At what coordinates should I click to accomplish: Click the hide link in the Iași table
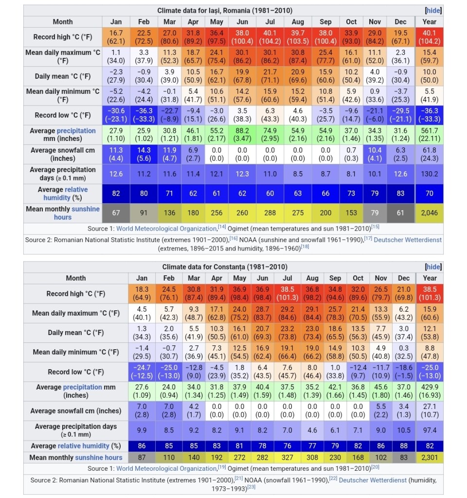coord(433,10)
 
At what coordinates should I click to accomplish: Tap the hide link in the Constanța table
coord(433,267)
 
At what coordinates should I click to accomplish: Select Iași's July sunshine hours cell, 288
coord(270,213)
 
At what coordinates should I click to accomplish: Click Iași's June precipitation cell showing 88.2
coord(242,135)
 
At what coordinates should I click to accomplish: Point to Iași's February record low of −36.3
coord(144,115)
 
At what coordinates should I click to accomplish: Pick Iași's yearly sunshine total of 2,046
coord(430,213)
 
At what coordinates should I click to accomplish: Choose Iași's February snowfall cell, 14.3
coord(144,154)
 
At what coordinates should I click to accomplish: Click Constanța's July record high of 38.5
coord(287,293)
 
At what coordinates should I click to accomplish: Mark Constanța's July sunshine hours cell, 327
coord(287,457)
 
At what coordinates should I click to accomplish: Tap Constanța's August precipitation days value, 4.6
coord(312,430)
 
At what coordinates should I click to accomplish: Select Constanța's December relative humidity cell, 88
coord(404,445)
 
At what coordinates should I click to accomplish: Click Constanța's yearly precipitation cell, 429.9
coord(430,391)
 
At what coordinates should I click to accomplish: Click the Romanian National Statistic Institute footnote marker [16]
coord(233,238)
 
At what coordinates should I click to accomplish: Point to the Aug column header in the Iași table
coord(298,21)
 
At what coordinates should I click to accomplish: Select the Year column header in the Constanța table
coord(430,278)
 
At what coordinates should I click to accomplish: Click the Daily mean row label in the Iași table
coord(63,76)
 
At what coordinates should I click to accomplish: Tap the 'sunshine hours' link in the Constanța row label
coord(98,457)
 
